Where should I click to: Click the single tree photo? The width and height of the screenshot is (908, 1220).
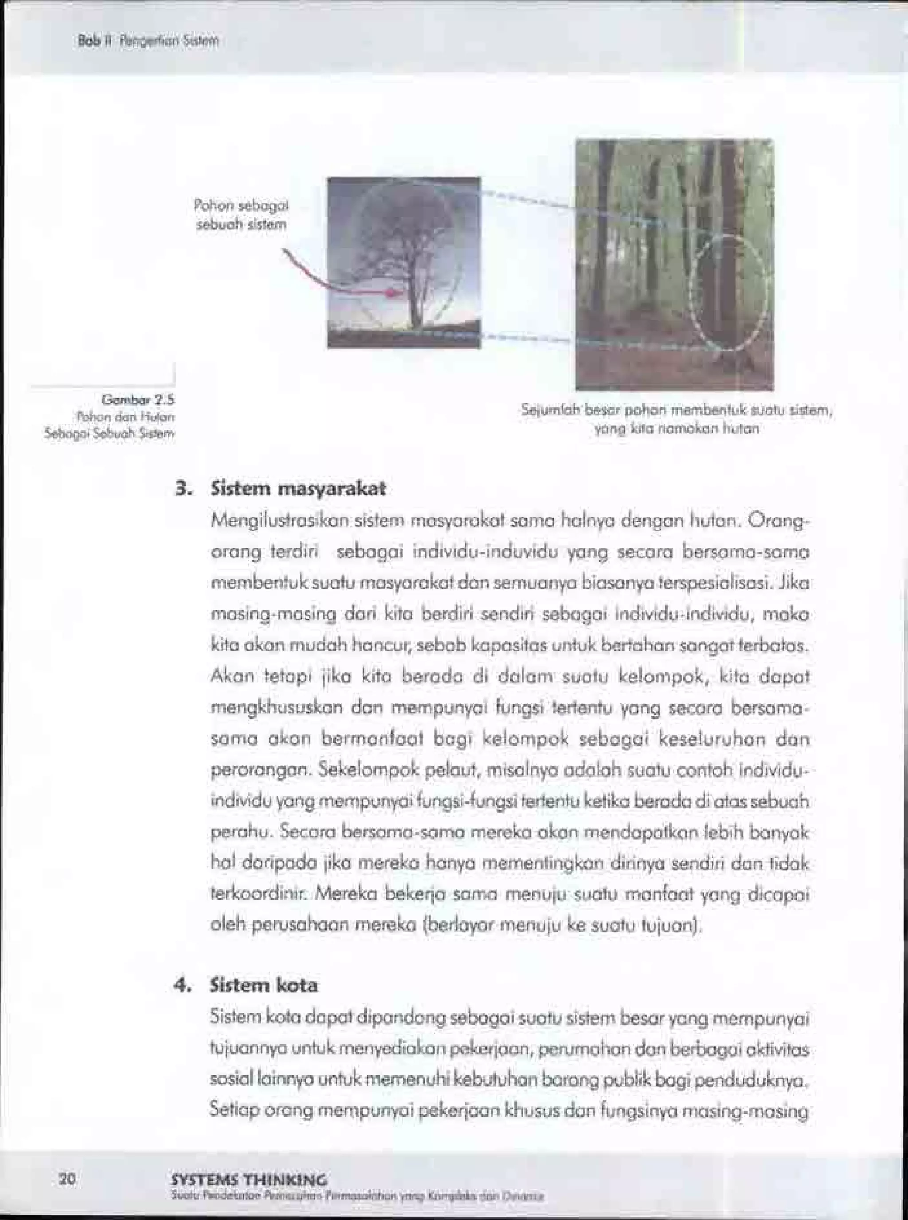(404, 262)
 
